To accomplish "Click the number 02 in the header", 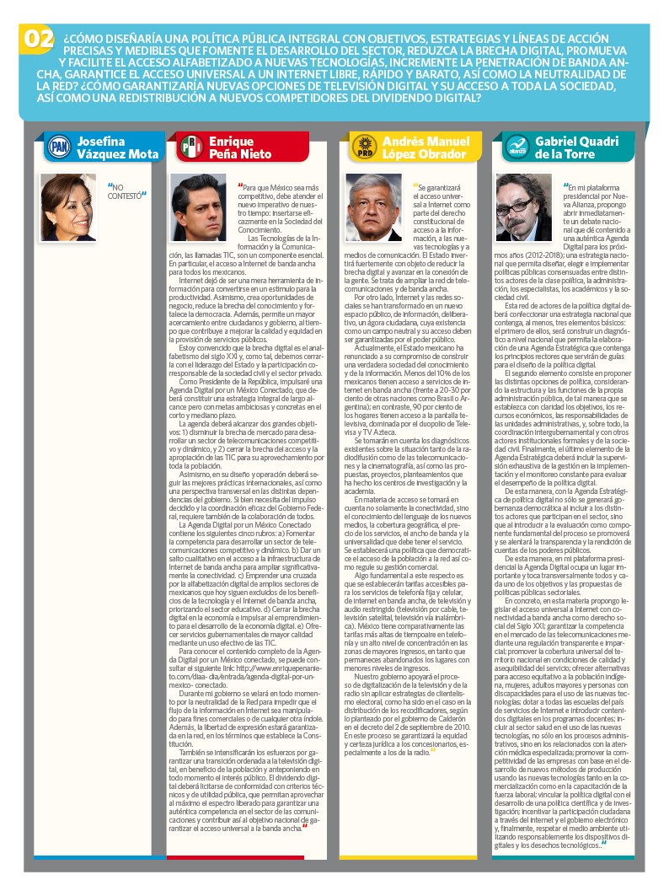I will point(38,39).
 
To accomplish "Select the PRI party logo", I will point(190,148).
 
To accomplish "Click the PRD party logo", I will point(363,147).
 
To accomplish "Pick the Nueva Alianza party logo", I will point(516,148).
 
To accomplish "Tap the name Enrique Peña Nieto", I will point(240,148).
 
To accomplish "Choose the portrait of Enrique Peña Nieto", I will point(199,207).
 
